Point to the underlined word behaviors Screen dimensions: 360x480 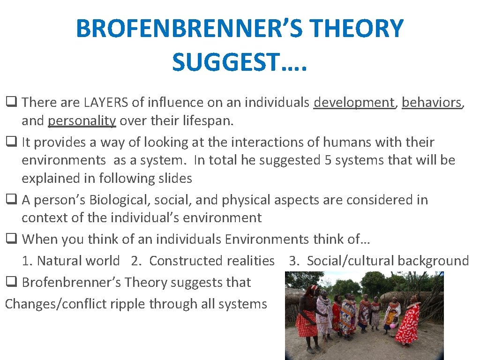coord(432,102)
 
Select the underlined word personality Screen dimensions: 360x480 coord(82,120)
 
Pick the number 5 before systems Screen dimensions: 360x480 coord(329,160)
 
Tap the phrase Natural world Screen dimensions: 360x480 coord(78,261)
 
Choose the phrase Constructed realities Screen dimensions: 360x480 coord(212,261)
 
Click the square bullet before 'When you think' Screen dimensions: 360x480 coord(10,240)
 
